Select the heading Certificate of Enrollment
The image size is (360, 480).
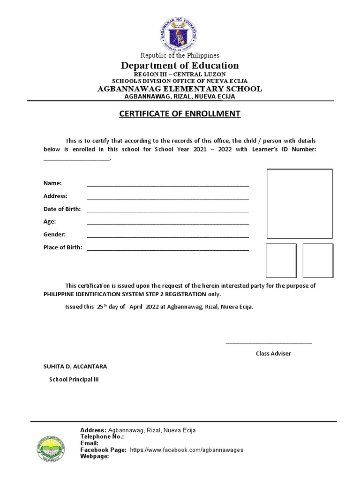180,114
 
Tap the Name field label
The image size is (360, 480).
52,183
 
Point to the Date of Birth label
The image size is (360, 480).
62,209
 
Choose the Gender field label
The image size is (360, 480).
54,234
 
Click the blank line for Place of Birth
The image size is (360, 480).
168,249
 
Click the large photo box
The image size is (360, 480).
300,204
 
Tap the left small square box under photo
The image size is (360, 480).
281,261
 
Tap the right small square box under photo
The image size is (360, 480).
318,261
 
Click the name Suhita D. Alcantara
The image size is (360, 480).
72,367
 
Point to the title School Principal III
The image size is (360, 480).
74,380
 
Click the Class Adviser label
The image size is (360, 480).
273,353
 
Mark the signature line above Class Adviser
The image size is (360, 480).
269,344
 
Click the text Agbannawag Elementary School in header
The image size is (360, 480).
180,89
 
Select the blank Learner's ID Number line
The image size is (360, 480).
76,159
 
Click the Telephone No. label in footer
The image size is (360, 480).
102,437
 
